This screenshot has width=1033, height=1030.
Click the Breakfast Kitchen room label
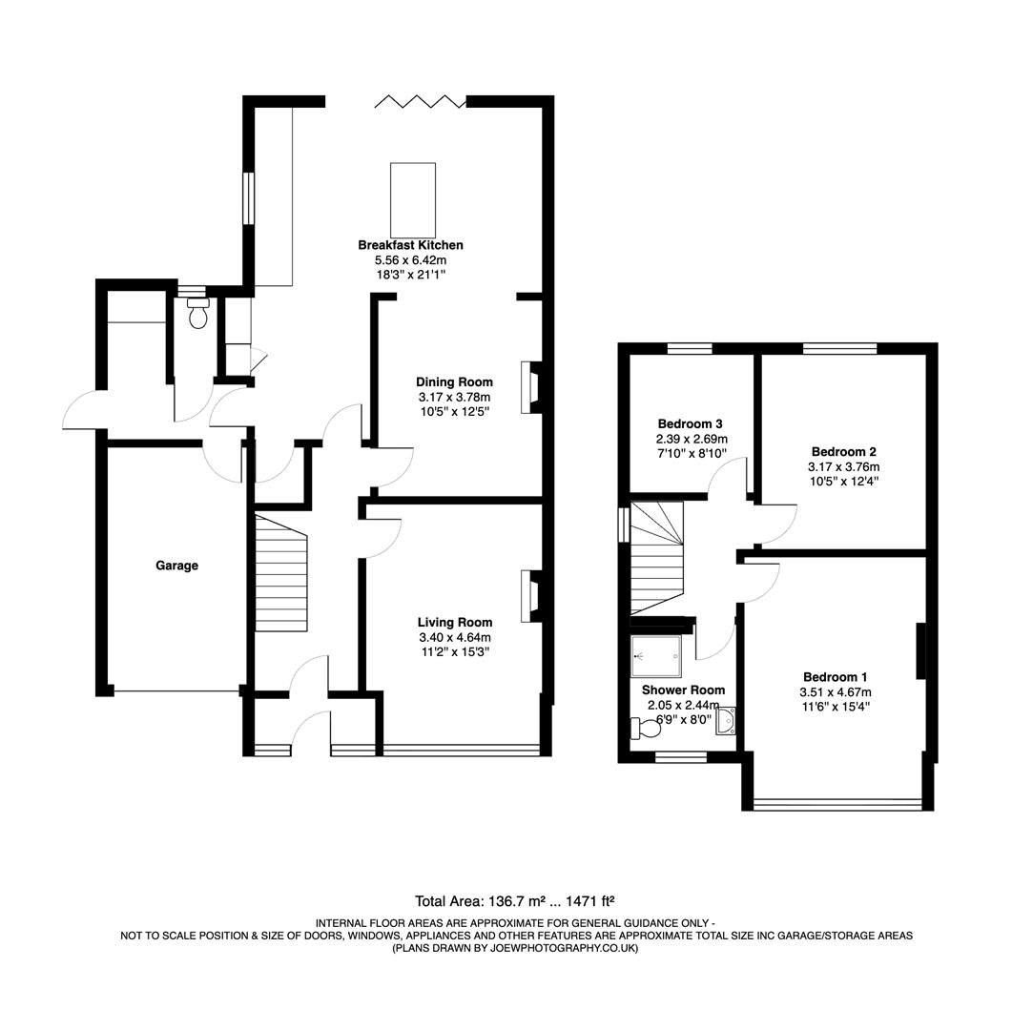410,245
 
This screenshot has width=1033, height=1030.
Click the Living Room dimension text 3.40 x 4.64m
454,637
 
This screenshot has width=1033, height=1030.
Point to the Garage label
176,566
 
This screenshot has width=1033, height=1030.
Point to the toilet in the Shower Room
647,729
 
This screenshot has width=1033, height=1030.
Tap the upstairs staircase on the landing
656,558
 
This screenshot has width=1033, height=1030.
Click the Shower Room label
682,690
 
